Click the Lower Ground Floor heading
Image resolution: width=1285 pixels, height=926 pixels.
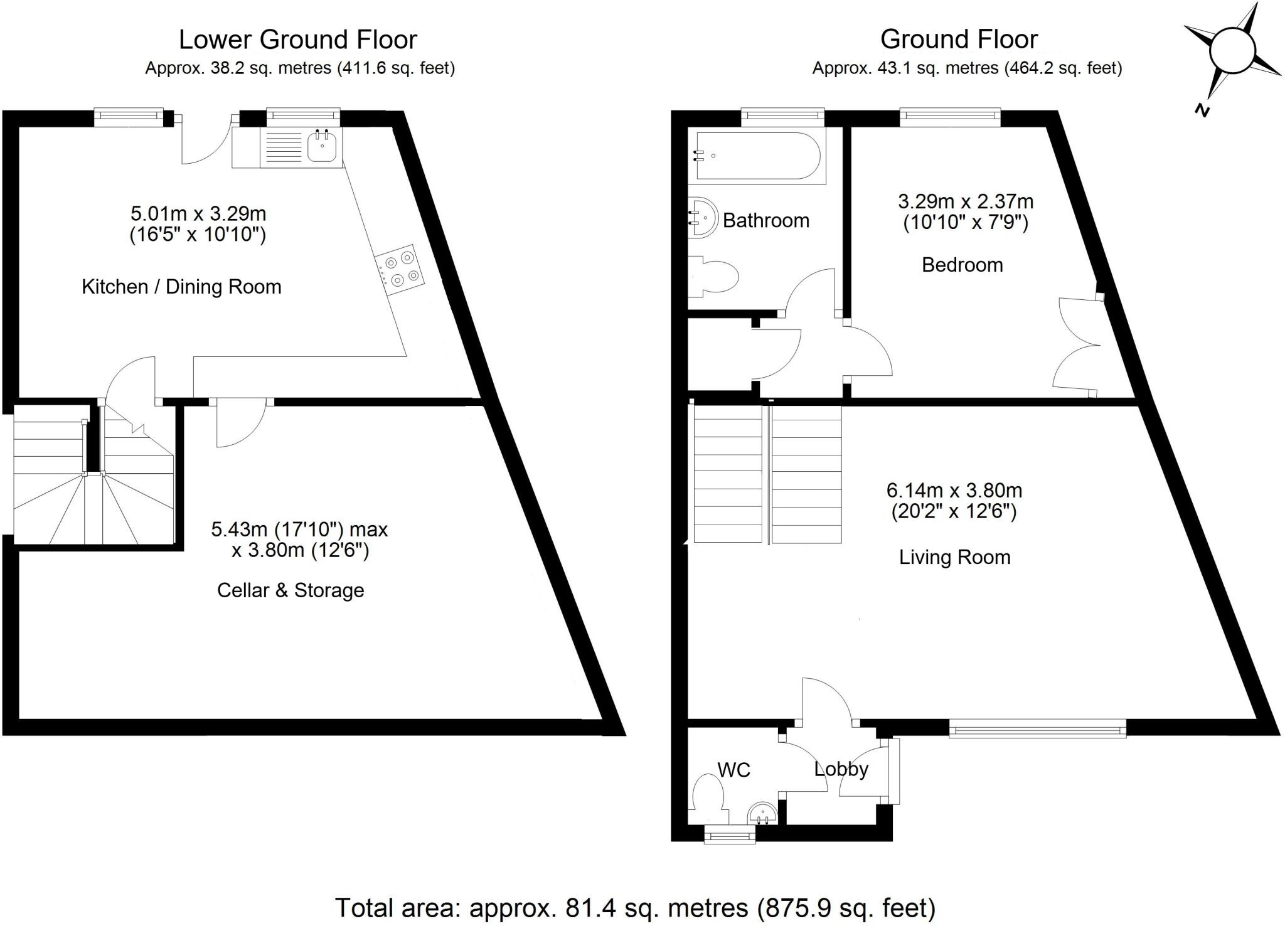pyautogui.click(x=297, y=40)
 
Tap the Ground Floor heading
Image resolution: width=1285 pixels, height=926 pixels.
pyautogui.click(x=958, y=40)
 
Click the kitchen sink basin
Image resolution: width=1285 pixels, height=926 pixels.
pyautogui.click(x=324, y=147)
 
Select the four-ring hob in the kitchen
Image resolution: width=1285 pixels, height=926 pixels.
pyautogui.click(x=400, y=269)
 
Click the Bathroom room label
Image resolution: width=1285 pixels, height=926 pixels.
pyautogui.click(x=765, y=221)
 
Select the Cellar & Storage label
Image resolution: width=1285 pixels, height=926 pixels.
pyautogui.click(x=291, y=590)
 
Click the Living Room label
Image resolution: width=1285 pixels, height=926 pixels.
pyautogui.click(x=954, y=557)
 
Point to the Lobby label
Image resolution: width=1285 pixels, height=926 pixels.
pyautogui.click(x=841, y=769)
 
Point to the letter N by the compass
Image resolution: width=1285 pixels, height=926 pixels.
pyautogui.click(x=1202, y=111)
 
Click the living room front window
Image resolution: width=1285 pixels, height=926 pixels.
pyautogui.click(x=1037, y=728)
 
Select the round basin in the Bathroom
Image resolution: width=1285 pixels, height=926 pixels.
pyautogui.click(x=703, y=217)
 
